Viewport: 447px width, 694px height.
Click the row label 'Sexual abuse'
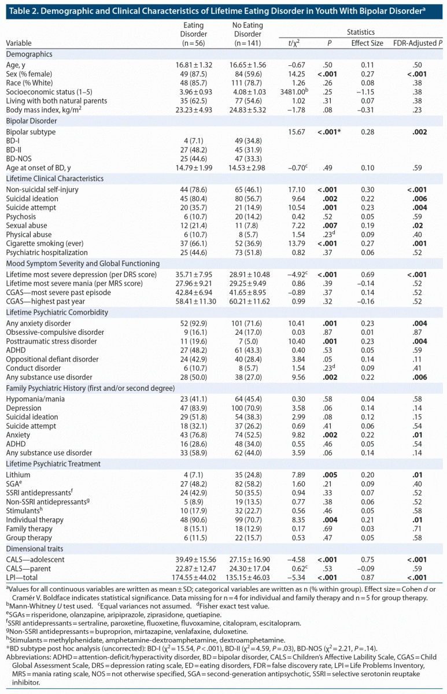pos(26,225)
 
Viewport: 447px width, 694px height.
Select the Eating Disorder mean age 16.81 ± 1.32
pos(193,64)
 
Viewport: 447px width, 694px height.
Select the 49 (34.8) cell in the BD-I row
pos(249,142)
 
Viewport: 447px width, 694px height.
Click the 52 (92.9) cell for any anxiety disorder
pos(193,323)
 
